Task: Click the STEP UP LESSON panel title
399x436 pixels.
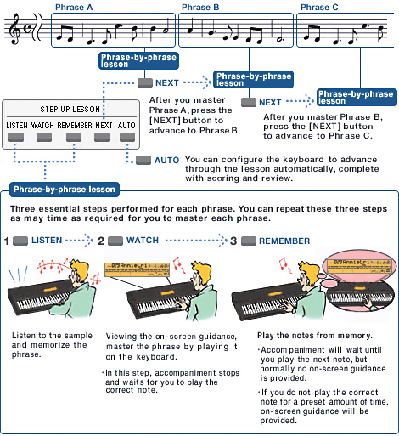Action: (70, 110)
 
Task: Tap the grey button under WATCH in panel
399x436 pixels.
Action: (43, 137)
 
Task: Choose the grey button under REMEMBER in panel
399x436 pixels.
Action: (74, 137)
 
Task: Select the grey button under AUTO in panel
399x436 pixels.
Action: (127, 137)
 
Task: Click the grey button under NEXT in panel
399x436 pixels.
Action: (104, 137)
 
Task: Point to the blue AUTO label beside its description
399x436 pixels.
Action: (166, 160)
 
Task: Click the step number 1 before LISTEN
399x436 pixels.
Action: (7, 241)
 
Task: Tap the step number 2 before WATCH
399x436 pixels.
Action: (101, 241)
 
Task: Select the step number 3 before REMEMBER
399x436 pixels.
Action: (233, 241)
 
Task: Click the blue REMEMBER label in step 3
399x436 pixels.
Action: (284, 241)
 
